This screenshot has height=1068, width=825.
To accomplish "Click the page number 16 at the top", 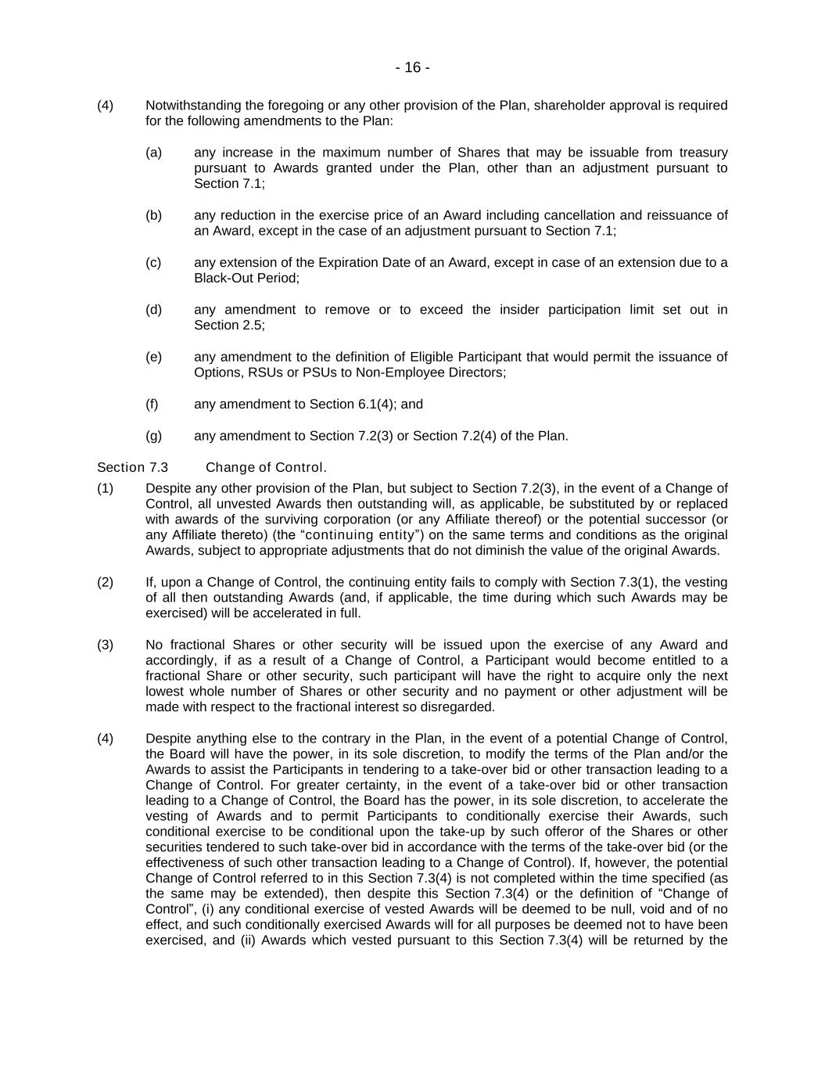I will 412,68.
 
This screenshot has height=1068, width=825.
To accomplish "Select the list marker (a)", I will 153,153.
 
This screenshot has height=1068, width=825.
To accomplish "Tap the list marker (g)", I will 153,436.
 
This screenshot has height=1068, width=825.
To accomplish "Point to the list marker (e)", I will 153,357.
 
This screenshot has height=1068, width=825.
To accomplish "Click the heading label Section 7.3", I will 132,468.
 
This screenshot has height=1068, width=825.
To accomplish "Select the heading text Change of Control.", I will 266,468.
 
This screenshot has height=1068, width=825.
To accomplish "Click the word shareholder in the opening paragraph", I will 569,106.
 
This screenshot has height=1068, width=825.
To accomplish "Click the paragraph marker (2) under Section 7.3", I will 105,582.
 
